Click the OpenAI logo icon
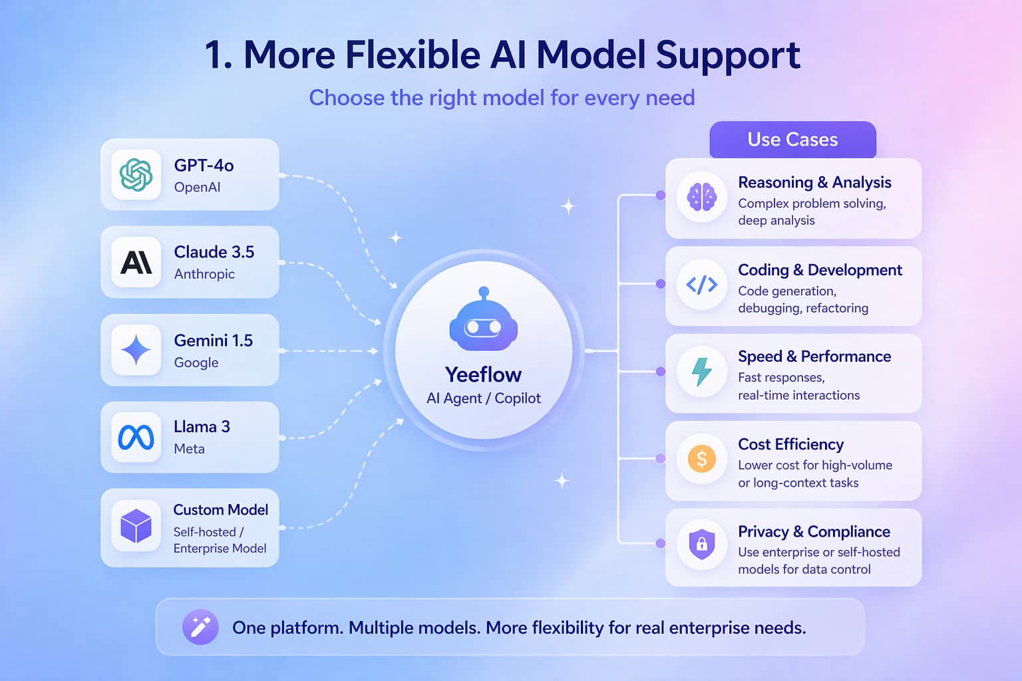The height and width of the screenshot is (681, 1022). click(136, 175)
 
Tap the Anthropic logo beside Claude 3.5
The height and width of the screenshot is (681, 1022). click(136, 262)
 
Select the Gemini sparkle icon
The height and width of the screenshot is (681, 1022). click(136, 350)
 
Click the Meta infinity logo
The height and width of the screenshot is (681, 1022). click(136, 437)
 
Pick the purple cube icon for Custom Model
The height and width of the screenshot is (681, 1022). click(136, 526)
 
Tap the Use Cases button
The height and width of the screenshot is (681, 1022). click(792, 140)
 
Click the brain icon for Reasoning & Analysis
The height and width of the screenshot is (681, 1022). click(701, 197)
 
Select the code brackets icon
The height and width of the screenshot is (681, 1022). click(701, 285)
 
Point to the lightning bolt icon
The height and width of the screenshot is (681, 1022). click(701, 372)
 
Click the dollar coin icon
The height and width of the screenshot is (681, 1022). click(701, 459)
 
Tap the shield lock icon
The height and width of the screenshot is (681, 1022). click(701, 545)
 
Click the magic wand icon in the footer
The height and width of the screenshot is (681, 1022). click(200, 627)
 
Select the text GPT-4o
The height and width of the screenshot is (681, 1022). click(204, 165)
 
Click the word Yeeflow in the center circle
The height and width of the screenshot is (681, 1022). click(483, 374)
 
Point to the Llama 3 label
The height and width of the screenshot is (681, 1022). click(202, 426)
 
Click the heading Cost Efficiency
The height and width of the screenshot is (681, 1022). click(790, 444)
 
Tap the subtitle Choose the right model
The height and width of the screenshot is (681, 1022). click(502, 98)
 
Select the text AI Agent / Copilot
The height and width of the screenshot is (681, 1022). click(483, 398)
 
